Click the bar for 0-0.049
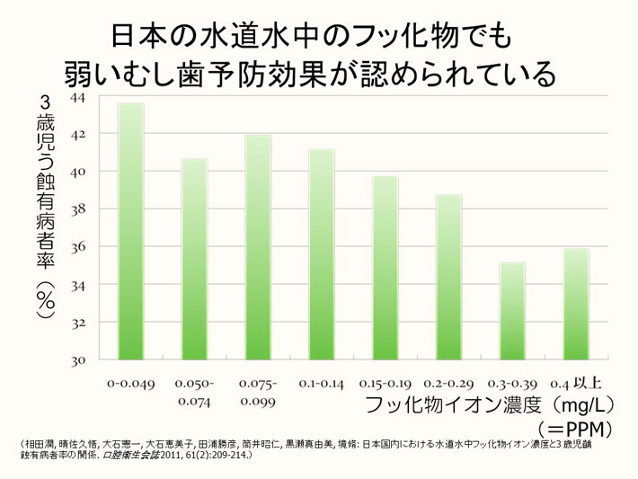coord(130,231)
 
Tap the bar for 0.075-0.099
coord(258,247)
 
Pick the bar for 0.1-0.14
coord(322,254)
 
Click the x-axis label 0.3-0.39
coord(513,383)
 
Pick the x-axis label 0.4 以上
coord(576,383)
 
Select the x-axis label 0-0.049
coord(130,383)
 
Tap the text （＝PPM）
coord(574,427)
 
